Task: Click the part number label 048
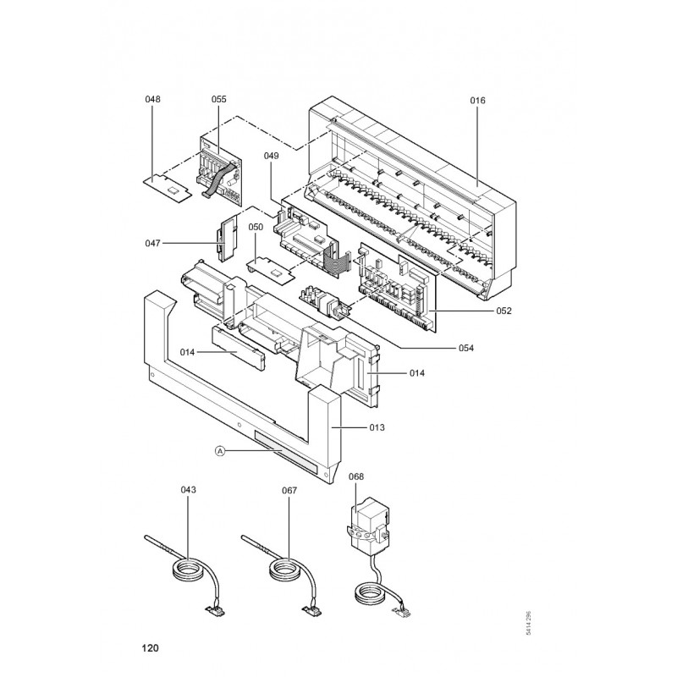tap(152, 99)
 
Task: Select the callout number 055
tap(219, 99)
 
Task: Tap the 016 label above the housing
tap(478, 100)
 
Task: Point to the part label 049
tap(271, 156)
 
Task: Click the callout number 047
tap(152, 244)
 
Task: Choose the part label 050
tap(256, 227)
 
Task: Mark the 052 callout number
tap(504, 311)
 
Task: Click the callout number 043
tap(188, 490)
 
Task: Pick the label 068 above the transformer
tap(355, 476)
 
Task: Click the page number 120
tap(151, 649)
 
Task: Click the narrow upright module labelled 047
tap(227, 239)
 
